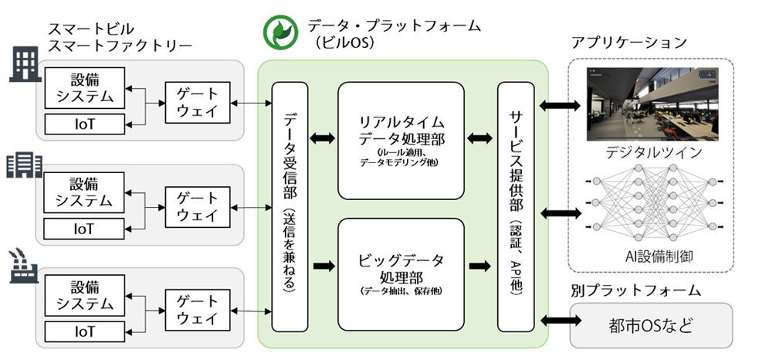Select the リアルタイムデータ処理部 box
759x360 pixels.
coord(402,141)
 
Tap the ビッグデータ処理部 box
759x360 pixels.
coord(402,274)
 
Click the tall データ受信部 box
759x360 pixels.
coord(290,207)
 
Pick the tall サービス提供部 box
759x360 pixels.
coord(516,207)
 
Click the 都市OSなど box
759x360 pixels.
coord(651,325)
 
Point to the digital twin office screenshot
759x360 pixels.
coord(652,104)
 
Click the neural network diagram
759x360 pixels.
coord(652,203)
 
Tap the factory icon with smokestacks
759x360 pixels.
coord(22,266)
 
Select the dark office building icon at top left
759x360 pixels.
coord(25,66)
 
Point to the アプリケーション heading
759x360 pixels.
coord(629,42)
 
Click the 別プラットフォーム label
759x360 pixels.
coord(635,290)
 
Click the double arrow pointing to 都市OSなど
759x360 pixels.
coord(560,319)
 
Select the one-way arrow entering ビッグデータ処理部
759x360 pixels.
coord(324,266)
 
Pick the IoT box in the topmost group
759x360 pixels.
coord(84,124)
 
